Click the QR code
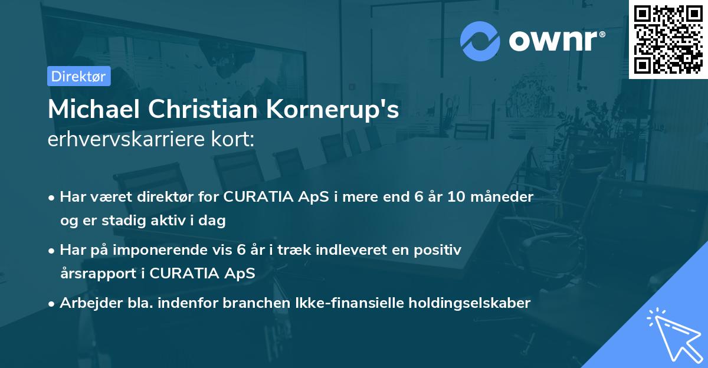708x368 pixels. (668, 39)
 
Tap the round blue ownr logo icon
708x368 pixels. (480, 41)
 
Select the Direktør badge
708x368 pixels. (79, 76)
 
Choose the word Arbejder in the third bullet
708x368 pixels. (86, 303)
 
